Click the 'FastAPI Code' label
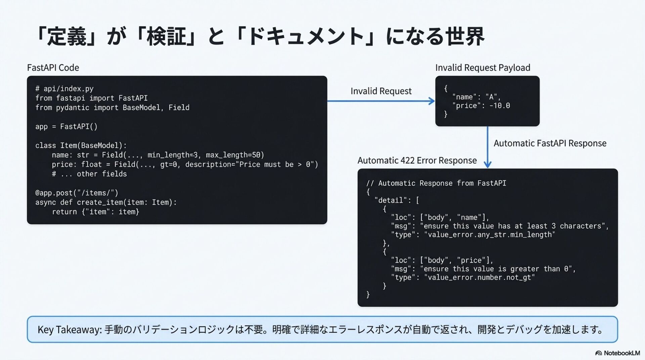pyautogui.click(x=53, y=67)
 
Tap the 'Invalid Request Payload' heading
pyautogui.click(x=482, y=67)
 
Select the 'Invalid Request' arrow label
pyautogui.click(x=381, y=91)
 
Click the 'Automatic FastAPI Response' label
pyautogui.click(x=550, y=143)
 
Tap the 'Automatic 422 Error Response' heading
pyautogui.click(x=417, y=161)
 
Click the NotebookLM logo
pyautogui.click(x=617, y=353)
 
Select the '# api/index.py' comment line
pyautogui.click(x=64, y=89)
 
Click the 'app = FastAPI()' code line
pyautogui.click(x=66, y=127)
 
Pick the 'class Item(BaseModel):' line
pyautogui.click(x=81, y=145)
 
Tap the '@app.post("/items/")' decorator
pyautogui.click(x=77, y=193)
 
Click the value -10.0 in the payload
pyautogui.click(x=500, y=106)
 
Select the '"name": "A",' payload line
pyautogui.click(x=476, y=97)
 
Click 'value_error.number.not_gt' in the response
pyautogui.click(x=479, y=277)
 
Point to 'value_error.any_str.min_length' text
pyautogui.click(x=489, y=234)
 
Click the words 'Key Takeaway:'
pyautogui.click(x=69, y=329)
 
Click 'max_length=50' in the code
pyautogui.click(x=235, y=155)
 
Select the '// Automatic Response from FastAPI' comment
pyautogui.click(x=436, y=183)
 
